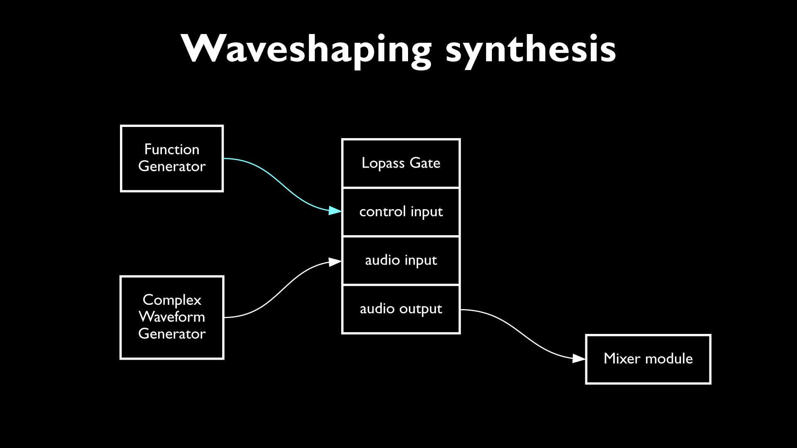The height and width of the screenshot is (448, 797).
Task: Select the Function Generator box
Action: coord(172,158)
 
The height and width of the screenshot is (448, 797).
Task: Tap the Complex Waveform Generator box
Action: coord(172,317)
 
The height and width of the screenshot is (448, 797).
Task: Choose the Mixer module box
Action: coord(648,359)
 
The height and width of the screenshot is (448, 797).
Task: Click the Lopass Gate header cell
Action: coord(401,163)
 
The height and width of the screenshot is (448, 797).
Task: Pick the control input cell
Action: coord(401,212)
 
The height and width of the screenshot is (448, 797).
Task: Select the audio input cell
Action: coord(401,261)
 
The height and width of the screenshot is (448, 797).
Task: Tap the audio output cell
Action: coord(401,309)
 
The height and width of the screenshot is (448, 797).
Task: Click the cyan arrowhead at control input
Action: coord(335,211)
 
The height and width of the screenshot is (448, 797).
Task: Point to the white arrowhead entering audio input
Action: coord(335,262)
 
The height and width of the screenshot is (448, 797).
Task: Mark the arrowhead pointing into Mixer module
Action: coord(579,358)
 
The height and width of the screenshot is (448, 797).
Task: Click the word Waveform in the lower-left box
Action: coord(172,317)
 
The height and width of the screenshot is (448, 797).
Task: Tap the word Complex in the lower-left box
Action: coord(172,300)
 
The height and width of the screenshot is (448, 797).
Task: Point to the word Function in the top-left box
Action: coord(172,149)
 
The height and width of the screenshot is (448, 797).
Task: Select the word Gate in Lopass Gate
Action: coord(425,163)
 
